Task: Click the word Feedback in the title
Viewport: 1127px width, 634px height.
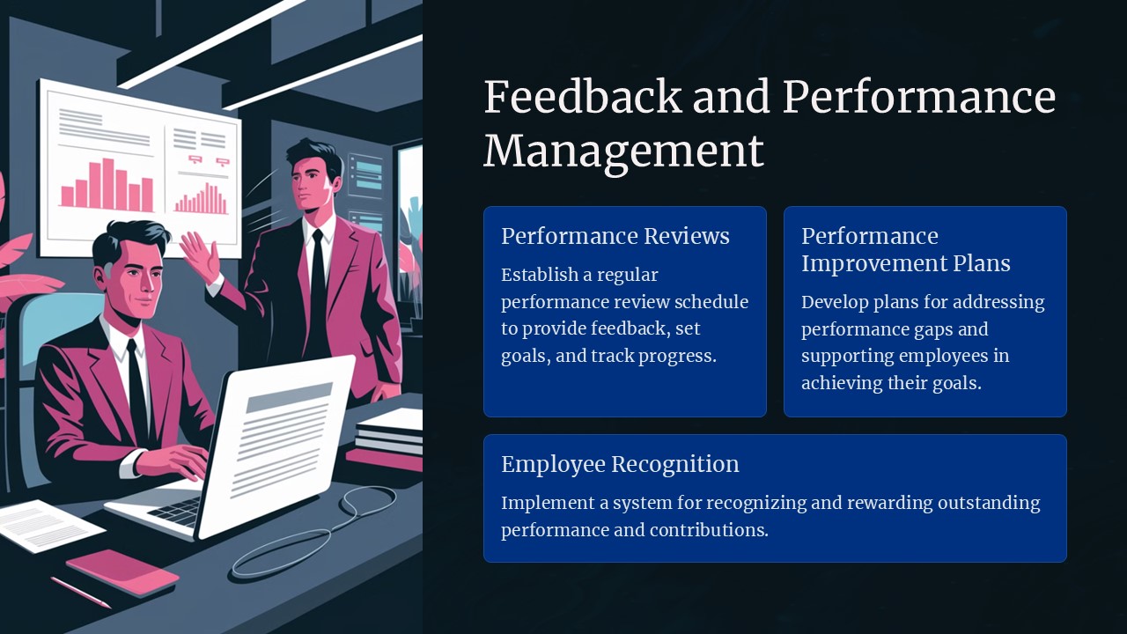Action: (582, 96)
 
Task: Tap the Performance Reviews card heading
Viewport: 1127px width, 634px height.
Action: (615, 236)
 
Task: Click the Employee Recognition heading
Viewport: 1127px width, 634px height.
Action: (620, 464)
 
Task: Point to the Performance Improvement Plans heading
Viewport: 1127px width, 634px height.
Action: (905, 249)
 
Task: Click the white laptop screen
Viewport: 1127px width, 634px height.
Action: (282, 440)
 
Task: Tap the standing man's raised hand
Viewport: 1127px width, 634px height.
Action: (200, 255)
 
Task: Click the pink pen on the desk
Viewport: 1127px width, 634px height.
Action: (81, 592)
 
